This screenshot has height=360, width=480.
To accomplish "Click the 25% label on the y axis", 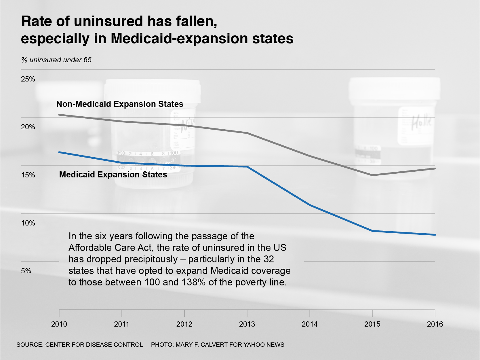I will (28, 79).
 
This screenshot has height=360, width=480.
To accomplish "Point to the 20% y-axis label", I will (28, 127).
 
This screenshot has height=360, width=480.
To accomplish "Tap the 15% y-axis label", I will (28, 175).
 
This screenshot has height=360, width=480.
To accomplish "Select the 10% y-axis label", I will (28, 223).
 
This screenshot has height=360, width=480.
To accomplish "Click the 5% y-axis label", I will (26, 271).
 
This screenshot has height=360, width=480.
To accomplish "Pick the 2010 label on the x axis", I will (59, 324).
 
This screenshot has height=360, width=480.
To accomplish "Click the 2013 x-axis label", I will (247, 324).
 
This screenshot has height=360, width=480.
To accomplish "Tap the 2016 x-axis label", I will (435, 324).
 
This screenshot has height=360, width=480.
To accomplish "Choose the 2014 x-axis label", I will (310, 324).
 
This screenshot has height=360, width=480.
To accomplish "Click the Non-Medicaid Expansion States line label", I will (120, 104).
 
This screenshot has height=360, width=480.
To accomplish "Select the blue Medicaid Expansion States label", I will (113, 175).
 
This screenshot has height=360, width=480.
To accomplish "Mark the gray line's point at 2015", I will (372, 175).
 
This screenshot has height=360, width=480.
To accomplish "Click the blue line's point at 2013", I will (247, 166).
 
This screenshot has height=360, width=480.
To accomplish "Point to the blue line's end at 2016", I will (435, 235).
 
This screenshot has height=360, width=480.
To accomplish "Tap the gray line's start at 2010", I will (59, 115).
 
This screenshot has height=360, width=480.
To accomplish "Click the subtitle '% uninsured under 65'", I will (56, 60).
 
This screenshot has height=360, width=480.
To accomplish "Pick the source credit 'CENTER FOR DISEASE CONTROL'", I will (94, 345).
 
